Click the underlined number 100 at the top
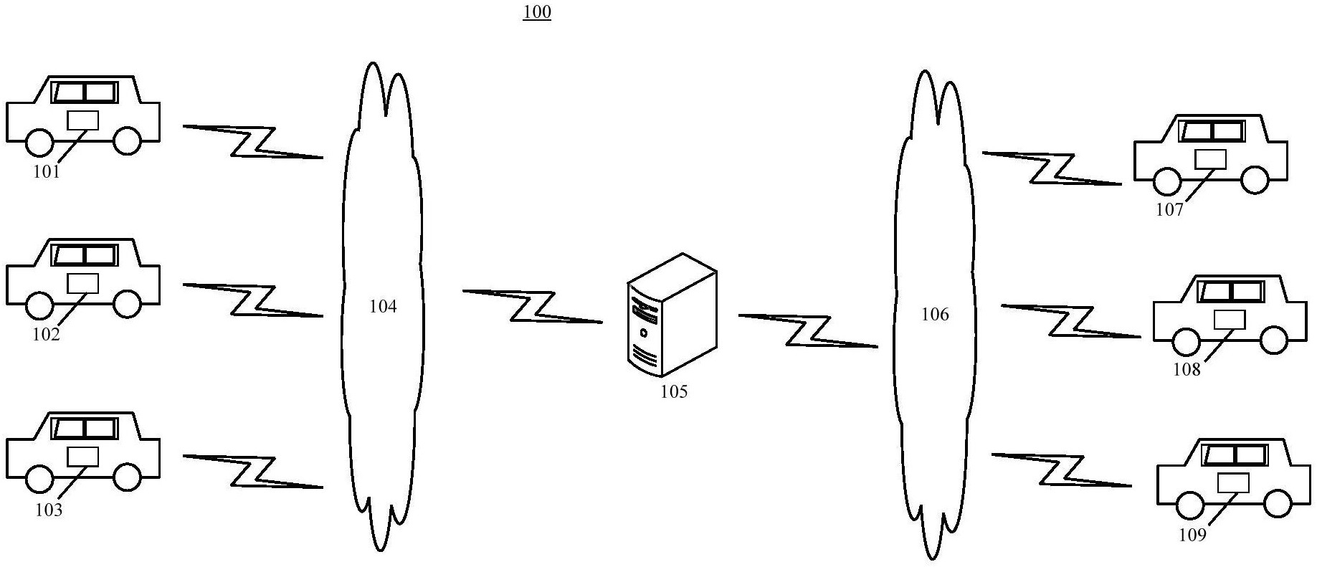pyautogui.click(x=537, y=12)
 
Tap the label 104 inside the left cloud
pyautogui.click(x=383, y=307)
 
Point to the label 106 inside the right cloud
pyautogui.click(x=935, y=314)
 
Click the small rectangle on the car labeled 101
pyautogui.click(x=82, y=120)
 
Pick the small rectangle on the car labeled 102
pyautogui.click(x=82, y=283)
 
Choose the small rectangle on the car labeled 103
pyautogui.click(x=82, y=457)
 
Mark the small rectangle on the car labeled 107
pyautogui.click(x=1210, y=158)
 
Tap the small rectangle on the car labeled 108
pyautogui.click(x=1230, y=319)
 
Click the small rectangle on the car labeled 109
pyautogui.click(x=1233, y=482)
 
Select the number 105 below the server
pyautogui.click(x=674, y=391)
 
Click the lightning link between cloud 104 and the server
pyautogui.click(x=532, y=306)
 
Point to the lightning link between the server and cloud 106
pyautogui.click(x=808, y=330)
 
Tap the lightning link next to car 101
pyautogui.click(x=252, y=141)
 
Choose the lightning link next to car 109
pyautogui.click(x=1061, y=470)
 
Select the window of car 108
pyautogui.click(x=1231, y=291)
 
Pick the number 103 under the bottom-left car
pyautogui.click(x=49, y=510)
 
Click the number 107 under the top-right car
pyautogui.click(x=1169, y=210)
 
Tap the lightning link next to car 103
pyautogui.click(x=252, y=471)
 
